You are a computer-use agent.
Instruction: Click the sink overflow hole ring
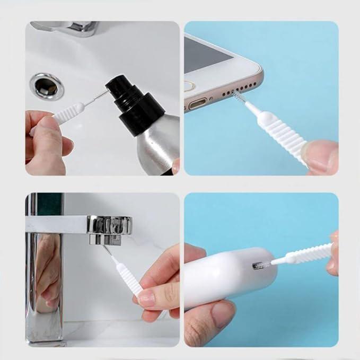(47, 86)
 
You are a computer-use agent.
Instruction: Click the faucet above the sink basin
(69, 27)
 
